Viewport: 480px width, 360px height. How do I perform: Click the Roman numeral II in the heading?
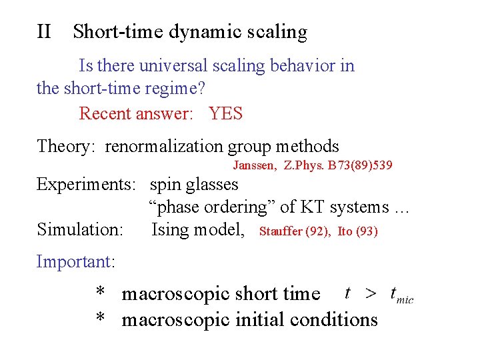click(44, 31)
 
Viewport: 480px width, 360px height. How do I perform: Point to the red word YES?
click(225, 113)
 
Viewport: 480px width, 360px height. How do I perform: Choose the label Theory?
click(67, 147)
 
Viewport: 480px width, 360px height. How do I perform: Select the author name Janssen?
click(253, 165)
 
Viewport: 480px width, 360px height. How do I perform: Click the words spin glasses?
click(193, 185)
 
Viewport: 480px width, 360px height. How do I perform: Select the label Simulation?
click(80, 230)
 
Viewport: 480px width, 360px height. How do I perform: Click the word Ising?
click(171, 230)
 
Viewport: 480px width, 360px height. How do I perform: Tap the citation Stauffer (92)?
click(295, 232)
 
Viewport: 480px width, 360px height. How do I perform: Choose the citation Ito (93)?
click(357, 232)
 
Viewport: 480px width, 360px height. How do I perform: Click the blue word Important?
click(76, 261)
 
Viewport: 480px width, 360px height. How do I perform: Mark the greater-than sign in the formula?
click(371, 293)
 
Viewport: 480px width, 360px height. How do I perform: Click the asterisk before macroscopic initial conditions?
click(101, 320)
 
